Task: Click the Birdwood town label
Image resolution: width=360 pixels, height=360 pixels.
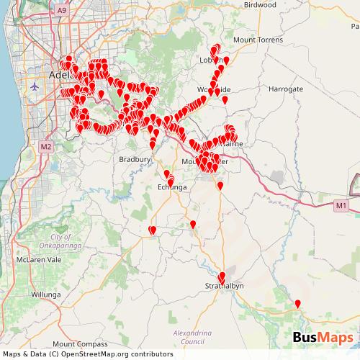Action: coord(259,4)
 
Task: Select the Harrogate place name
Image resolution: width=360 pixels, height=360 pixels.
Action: coord(287,89)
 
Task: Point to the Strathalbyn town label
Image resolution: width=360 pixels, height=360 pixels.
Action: coord(224,286)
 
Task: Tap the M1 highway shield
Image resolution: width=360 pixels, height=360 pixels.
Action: coord(341,206)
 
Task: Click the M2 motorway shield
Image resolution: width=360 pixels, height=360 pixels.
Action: coord(46,146)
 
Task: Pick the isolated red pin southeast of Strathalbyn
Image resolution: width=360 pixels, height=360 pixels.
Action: coord(298,303)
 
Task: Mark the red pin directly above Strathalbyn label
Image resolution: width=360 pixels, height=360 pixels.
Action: coord(222,276)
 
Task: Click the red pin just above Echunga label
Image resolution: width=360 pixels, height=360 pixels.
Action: coord(170,178)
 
